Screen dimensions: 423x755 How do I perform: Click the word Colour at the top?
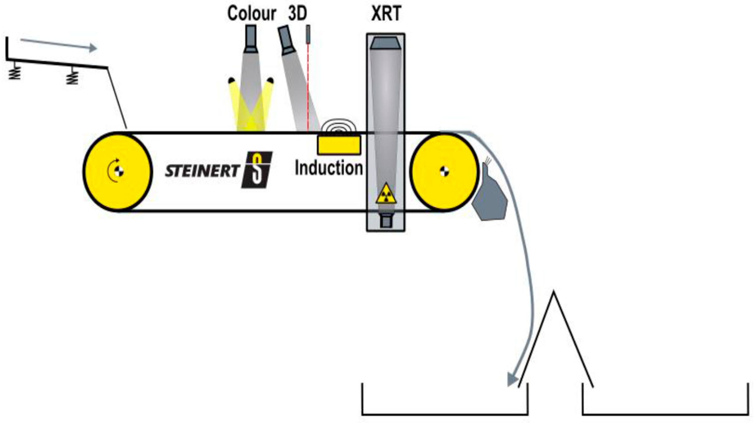click(x=252, y=14)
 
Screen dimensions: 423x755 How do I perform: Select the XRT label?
click(x=386, y=14)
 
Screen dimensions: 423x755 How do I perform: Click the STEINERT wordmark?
click(x=202, y=171)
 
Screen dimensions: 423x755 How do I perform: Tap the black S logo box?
click(x=257, y=170)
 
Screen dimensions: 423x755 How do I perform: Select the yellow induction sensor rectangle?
click(x=339, y=145)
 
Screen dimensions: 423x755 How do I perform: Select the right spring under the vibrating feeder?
click(x=72, y=77)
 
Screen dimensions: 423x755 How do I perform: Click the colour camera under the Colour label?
click(x=251, y=39)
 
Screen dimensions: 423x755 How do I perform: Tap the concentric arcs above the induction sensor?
click(x=339, y=126)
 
